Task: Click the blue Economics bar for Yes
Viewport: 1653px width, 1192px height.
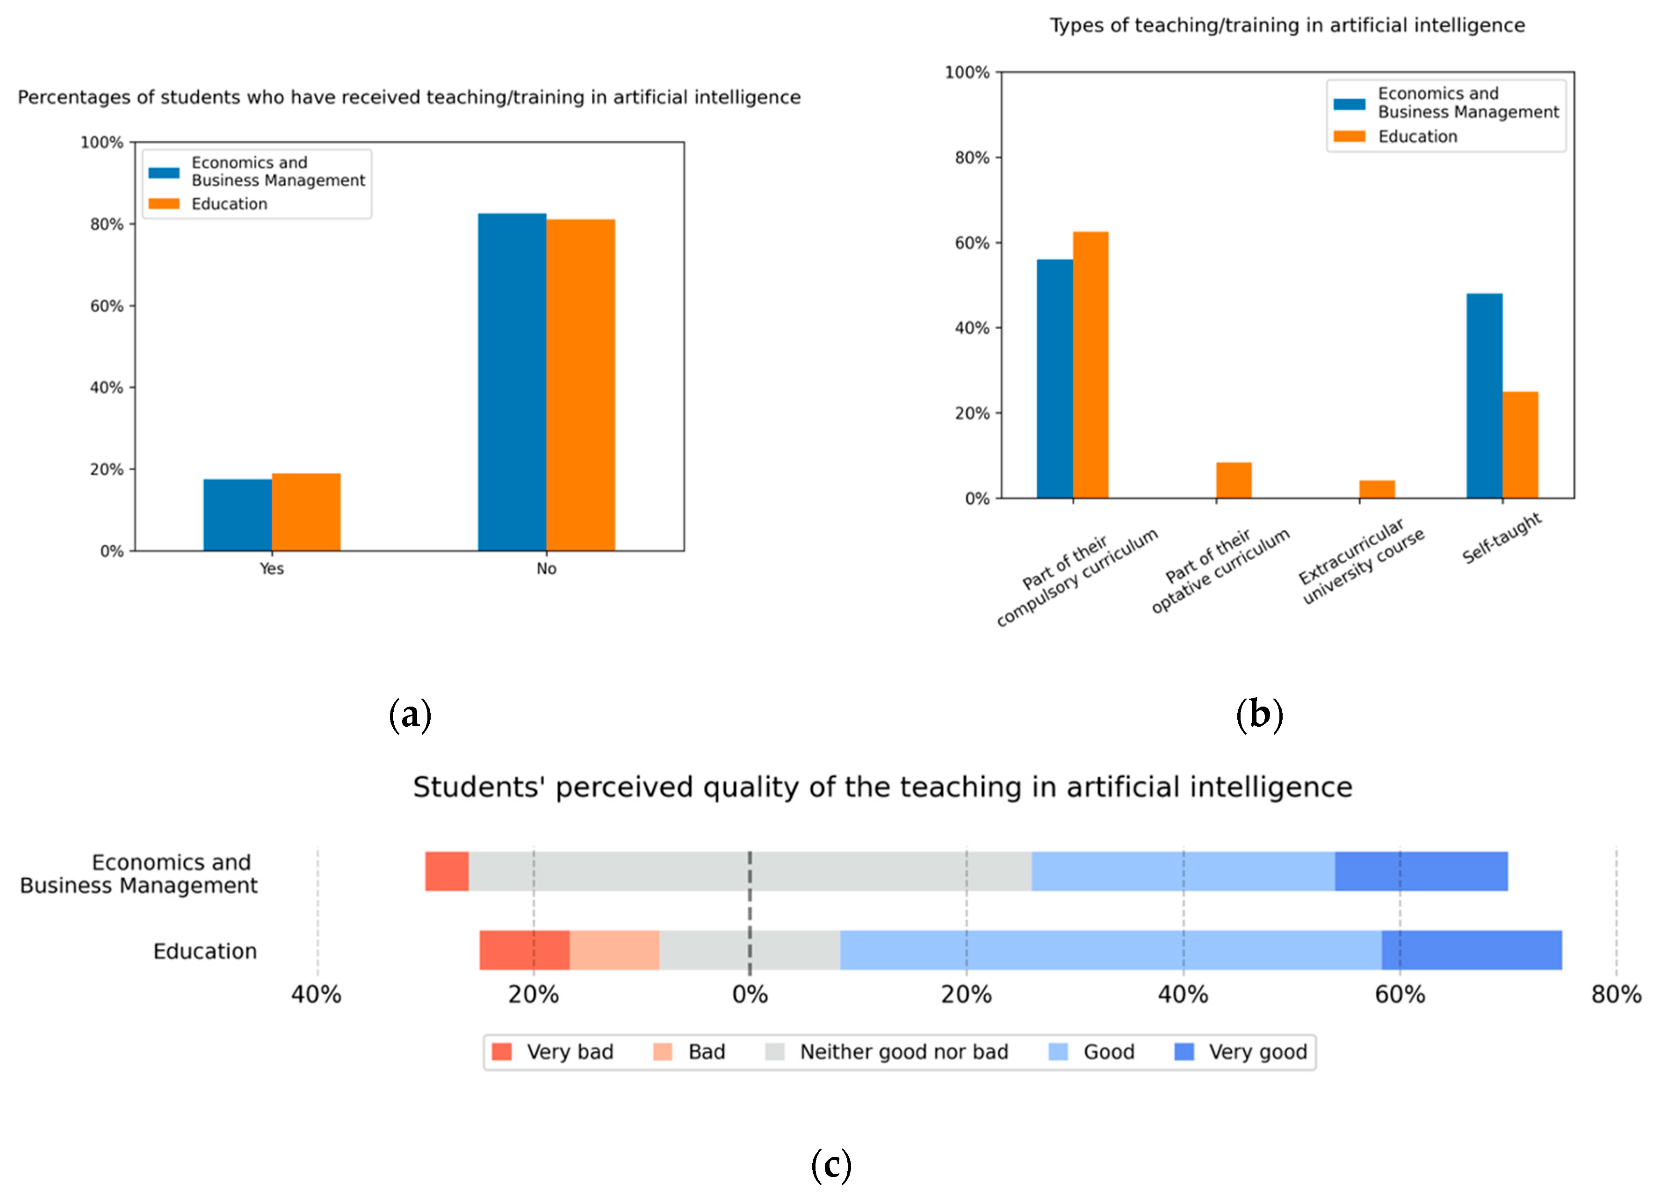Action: click(238, 515)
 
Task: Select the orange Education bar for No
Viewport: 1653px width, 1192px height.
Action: click(580, 385)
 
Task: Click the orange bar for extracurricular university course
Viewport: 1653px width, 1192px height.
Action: click(1377, 489)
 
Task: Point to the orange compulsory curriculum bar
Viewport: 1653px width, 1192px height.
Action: click(1090, 365)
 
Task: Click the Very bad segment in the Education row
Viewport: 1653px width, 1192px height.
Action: click(524, 950)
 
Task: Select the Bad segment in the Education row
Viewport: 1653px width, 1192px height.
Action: click(614, 950)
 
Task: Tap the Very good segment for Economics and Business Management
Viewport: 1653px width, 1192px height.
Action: click(1421, 871)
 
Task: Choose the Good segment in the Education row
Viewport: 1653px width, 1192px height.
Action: click(1110, 950)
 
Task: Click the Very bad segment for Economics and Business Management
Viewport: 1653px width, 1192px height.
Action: click(447, 871)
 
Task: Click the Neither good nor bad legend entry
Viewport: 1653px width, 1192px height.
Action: click(904, 1052)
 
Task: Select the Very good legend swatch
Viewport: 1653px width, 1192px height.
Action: click(1184, 1052)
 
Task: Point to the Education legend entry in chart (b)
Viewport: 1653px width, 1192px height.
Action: click(1417, 137)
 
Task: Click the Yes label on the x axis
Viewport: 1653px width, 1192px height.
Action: click(272, 569)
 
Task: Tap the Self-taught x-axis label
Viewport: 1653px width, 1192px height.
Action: click(1501, 539)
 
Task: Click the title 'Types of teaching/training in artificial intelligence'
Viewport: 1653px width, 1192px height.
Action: click(1287, 26)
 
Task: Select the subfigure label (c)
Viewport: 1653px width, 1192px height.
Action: click(831, 1164)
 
